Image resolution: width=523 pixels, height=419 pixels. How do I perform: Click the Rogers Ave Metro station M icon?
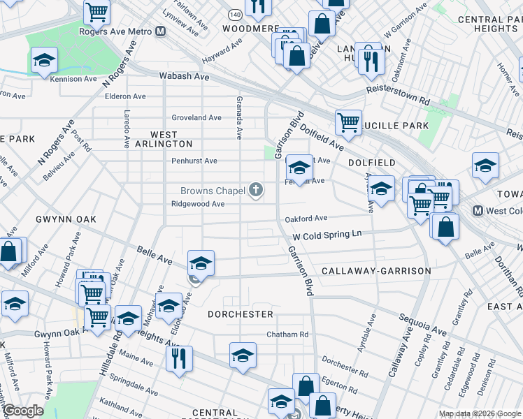pos(161,31)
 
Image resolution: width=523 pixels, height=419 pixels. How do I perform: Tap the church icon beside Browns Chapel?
pos(257,189)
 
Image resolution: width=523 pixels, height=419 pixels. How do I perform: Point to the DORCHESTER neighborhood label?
pos(241,314)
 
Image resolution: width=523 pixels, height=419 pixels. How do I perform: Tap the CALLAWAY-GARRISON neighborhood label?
pos(376,270)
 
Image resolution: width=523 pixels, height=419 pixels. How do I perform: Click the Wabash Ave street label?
pos(185,75)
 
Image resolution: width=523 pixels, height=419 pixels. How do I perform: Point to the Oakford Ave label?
pos(306,219)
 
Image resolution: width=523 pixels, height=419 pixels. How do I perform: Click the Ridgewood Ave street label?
pos(199,204)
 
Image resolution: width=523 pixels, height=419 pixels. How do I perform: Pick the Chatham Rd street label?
pos(287,335)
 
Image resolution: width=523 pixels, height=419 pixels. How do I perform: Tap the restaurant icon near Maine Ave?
pos(179,358)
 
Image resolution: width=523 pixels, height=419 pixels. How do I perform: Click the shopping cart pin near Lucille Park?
pos(348,122)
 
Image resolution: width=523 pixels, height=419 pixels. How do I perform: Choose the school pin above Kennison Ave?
pos(44,60)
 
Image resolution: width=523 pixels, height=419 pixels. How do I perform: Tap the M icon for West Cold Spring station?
pos(478,211)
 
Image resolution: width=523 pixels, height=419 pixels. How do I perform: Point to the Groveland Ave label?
pos(196,118)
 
